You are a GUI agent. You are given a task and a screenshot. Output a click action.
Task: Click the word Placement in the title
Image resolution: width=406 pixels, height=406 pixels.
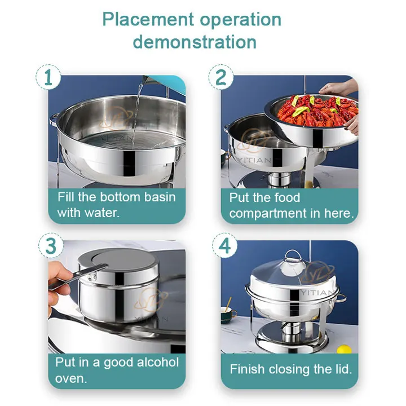(x=148, y=20)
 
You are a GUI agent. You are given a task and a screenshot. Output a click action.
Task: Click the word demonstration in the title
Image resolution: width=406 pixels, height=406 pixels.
(x=195, y=42)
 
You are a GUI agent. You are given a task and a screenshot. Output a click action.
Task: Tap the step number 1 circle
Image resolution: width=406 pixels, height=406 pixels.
(x=48, y=77)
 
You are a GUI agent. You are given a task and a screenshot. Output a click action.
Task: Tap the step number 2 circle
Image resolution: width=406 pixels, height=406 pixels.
(x=221, y=77)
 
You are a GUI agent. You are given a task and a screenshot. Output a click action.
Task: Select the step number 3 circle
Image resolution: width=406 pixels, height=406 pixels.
(x=51, y=245)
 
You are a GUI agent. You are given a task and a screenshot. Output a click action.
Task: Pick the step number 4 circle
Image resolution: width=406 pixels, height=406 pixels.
(x=224, y=245)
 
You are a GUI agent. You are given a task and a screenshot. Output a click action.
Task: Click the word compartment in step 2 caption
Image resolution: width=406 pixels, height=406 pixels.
(x=268, y=214)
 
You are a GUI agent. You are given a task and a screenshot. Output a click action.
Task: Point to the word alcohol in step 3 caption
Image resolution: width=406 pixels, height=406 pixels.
(x=158, y=362)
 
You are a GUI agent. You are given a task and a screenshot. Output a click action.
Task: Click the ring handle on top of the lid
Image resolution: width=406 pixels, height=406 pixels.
(x=293, y=256)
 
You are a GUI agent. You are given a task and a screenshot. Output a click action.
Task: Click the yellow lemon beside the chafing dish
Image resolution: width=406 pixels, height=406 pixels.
(x=344, y=349)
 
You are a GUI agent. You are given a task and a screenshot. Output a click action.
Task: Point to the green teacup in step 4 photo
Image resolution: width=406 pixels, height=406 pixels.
(x=228, y=314)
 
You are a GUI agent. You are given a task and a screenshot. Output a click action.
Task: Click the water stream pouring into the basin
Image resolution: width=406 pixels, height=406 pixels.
(x=136, y=114)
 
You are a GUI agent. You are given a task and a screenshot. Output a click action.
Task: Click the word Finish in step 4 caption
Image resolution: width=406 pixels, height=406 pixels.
(x=248, y=369)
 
